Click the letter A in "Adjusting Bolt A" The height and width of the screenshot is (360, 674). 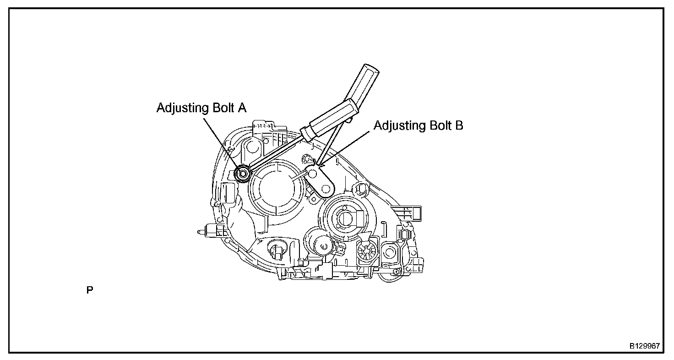pyautogui.click(x=241, y=108)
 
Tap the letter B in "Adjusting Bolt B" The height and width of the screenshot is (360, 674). pyautogui.click(x=459, y=125)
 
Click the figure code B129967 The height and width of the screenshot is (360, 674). pyautogui.click(x=644, y=346)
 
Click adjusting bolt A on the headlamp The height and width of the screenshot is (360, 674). pyautogui.click(x=242, y=173)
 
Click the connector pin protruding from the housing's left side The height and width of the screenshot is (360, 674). pyautogui.click(x=200, y=232)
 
